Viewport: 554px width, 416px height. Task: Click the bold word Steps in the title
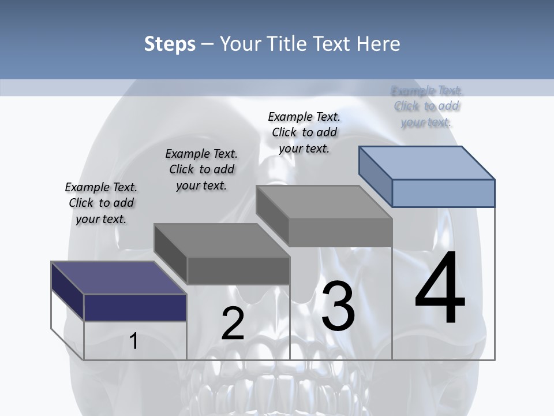pos(170,44)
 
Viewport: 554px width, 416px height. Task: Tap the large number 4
pos(440,288)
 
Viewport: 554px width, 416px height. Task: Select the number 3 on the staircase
pos(338,307)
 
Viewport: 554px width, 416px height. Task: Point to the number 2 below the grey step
pos(233,324)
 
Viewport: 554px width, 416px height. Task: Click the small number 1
pos(134,341)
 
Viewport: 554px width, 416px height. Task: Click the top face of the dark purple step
pos(118,278)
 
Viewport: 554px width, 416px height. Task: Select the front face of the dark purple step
pos(135,307)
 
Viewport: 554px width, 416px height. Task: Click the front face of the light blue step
pos(443,193)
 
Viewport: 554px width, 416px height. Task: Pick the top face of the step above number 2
pos(222,240)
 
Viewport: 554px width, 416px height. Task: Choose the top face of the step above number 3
pos(324,202)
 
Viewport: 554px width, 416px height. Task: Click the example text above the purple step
pos(101,203)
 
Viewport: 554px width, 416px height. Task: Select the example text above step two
pos(201,169)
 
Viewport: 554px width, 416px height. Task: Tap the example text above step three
pos(304,132)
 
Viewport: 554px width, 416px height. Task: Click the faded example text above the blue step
pos(427,106)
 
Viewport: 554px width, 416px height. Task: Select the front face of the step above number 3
pos(340,233)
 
